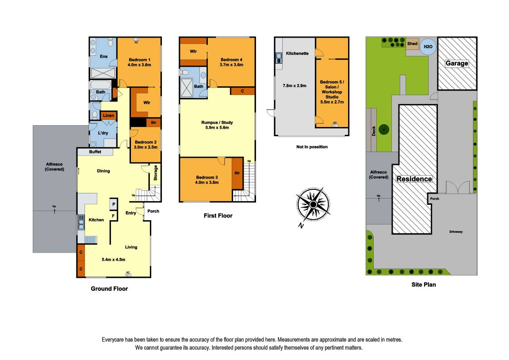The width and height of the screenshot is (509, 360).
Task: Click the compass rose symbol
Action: [313, 204]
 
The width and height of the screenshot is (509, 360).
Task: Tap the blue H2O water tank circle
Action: [428, 46]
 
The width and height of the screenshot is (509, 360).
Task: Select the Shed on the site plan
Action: [412, 43]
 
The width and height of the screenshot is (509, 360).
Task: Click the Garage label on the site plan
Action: [456, 63]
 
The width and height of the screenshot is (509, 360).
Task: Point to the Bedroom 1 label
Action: [139, 60]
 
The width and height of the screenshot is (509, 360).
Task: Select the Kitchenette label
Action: [297, 53]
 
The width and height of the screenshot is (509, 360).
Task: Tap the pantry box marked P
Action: [113, 204]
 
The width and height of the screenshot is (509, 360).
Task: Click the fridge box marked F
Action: [113, 215]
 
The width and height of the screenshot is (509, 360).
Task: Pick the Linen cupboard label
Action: [109, 115]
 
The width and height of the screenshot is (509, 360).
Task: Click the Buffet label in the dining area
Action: [95, 152]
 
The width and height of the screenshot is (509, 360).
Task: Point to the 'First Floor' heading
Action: [218, 216]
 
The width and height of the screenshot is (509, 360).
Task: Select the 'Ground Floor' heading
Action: [109, 289]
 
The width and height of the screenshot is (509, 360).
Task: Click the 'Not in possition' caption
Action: [312, 147]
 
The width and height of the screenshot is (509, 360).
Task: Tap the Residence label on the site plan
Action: [414, 179]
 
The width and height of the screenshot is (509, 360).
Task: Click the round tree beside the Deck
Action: [383, 129]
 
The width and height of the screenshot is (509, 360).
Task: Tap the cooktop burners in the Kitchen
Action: [90, 240]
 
